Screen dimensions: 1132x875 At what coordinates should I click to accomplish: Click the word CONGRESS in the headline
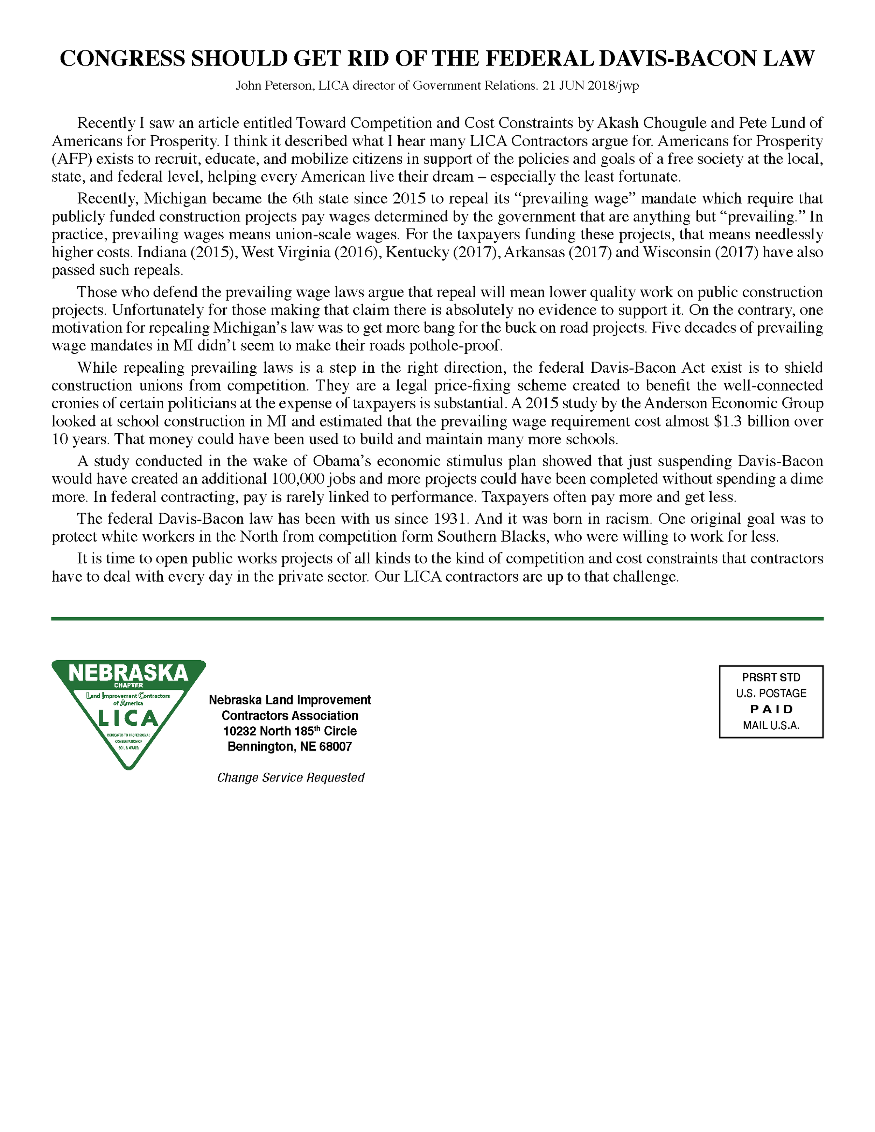click(122, 58)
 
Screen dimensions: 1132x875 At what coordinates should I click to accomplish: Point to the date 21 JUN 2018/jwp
click(590, 85)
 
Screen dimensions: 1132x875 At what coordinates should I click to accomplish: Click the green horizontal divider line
click(437, 618)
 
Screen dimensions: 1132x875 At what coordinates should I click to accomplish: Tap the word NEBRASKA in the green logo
click(128, 673)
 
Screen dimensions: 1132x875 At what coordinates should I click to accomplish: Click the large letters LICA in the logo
click(128, 719)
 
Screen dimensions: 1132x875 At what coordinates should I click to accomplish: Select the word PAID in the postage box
click(771, 709)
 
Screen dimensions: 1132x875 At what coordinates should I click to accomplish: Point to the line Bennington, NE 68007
click(290, 746)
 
